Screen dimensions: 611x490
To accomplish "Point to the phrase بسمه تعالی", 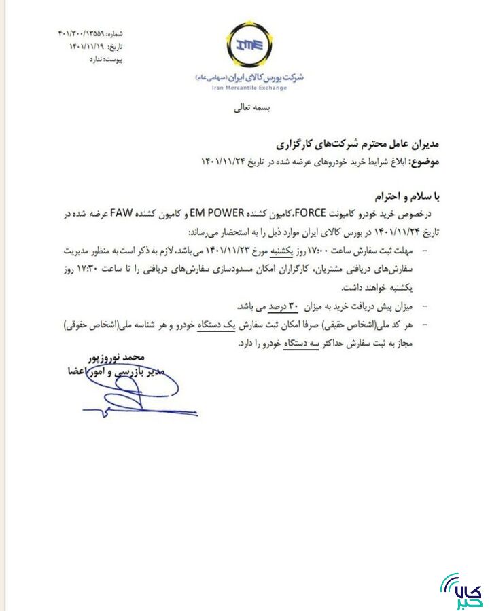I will click(x=251, y=107).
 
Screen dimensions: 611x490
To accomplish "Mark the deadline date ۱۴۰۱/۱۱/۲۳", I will click(x=243, y=251).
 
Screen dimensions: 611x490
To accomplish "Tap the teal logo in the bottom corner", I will click(x=462, y=590).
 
